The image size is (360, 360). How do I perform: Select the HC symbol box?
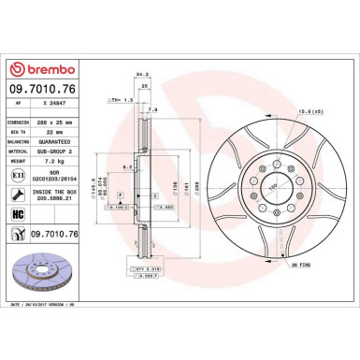point(19,215)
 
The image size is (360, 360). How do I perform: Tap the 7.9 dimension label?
point(152,109)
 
